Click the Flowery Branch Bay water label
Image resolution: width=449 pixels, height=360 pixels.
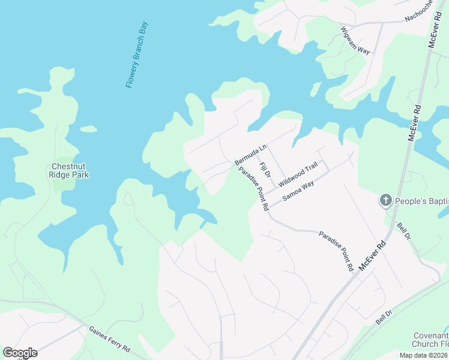(136, 55)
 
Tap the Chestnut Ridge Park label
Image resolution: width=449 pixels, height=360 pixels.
(70, 171)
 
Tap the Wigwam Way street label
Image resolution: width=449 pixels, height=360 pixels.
(355, 40)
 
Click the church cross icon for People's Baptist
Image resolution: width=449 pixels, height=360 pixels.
(385, 200)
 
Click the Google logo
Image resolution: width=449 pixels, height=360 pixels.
(20, 353)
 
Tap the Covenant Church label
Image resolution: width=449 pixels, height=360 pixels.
(430, 340)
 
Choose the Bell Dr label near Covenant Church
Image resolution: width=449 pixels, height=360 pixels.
(384, 317)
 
